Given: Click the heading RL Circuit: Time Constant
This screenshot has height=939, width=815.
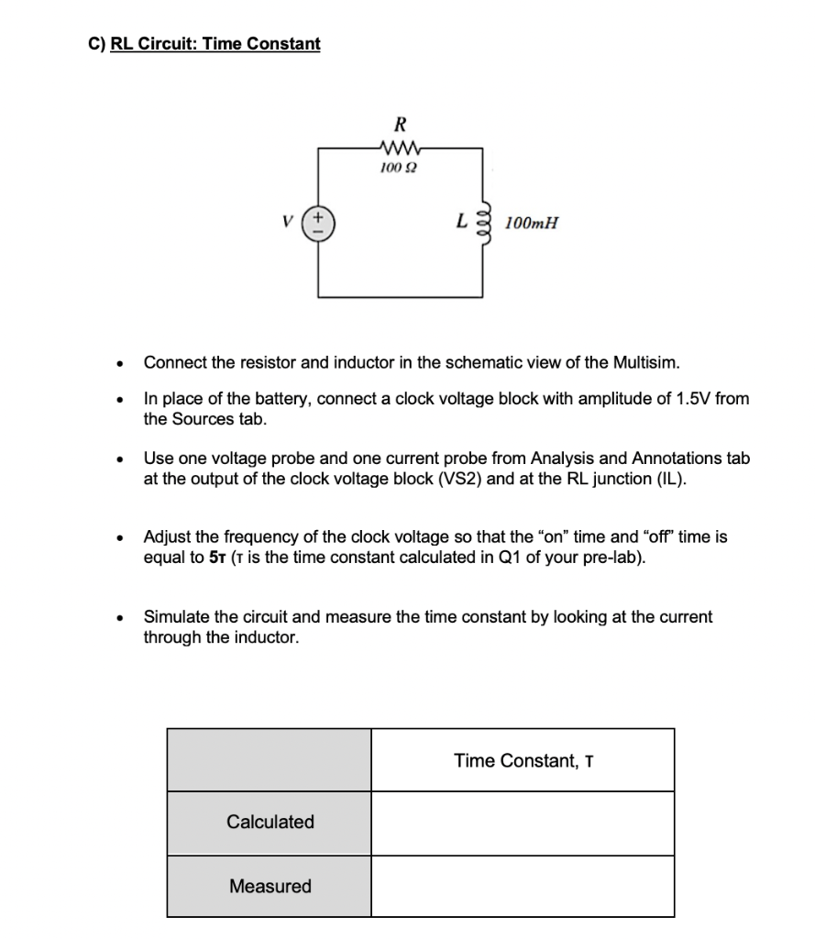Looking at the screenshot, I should click(215, 43).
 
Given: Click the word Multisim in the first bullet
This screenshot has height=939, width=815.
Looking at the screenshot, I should click(650, 361).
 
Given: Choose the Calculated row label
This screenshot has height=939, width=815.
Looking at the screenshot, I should click(270, 822).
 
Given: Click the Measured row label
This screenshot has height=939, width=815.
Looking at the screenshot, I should click(270, 886).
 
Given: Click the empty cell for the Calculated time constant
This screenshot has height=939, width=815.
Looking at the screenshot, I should click(523, 823).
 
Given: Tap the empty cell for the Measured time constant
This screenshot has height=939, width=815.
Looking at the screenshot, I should click(523, 886).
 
